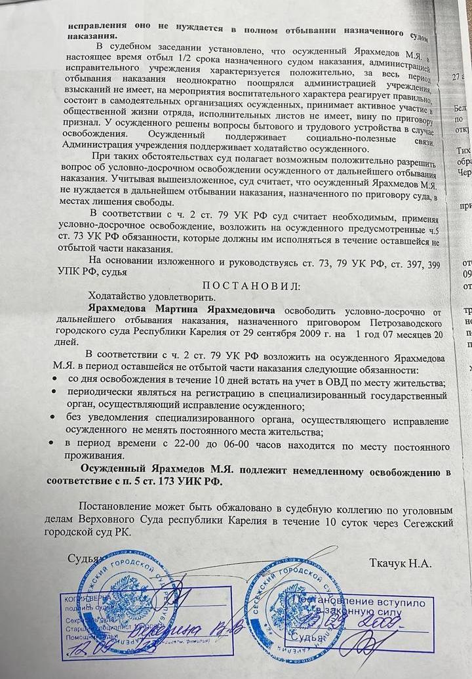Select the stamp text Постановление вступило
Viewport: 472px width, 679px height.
[358, 602]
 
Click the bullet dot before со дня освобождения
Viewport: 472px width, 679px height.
[54, 382]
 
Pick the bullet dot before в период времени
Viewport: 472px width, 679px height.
[54, 444]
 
